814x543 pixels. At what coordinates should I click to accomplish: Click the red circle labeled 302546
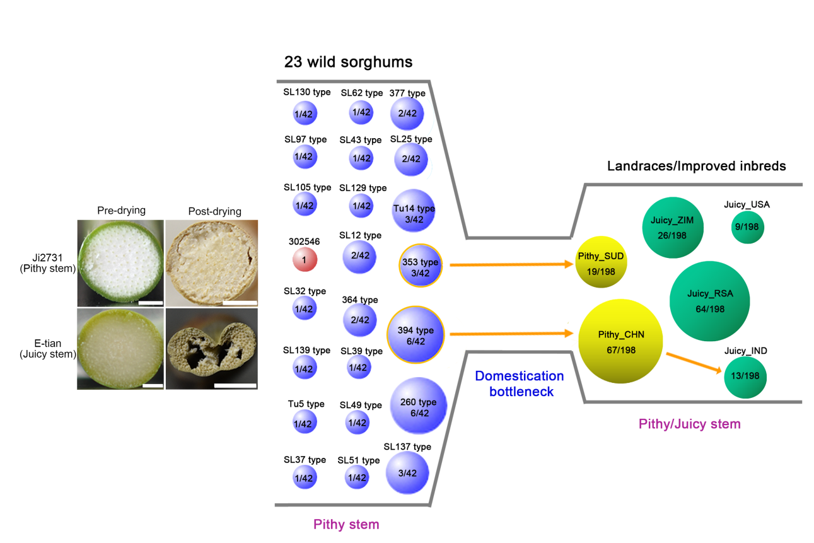click(305, 259)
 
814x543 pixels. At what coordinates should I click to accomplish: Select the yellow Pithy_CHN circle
click(621, 341)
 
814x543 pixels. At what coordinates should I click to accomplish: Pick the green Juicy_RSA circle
click(710, 301)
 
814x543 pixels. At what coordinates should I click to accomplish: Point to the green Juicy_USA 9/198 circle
click(747, 228)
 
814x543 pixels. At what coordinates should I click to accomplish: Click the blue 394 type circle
click(416, 336)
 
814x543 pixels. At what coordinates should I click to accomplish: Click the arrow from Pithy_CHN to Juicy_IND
click(694, 363)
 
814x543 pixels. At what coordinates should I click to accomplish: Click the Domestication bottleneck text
click(520, 383)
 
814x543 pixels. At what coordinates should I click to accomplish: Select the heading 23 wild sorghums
click(348, 62)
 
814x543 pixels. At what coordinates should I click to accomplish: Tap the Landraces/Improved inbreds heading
click(696, 166)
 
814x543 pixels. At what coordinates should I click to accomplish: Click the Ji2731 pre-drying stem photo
click(120, 263)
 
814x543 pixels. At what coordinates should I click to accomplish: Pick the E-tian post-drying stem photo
click(211, 348)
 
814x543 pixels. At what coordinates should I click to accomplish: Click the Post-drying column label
click(214, 211)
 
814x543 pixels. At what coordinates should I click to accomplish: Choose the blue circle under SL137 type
click(407, 474)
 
